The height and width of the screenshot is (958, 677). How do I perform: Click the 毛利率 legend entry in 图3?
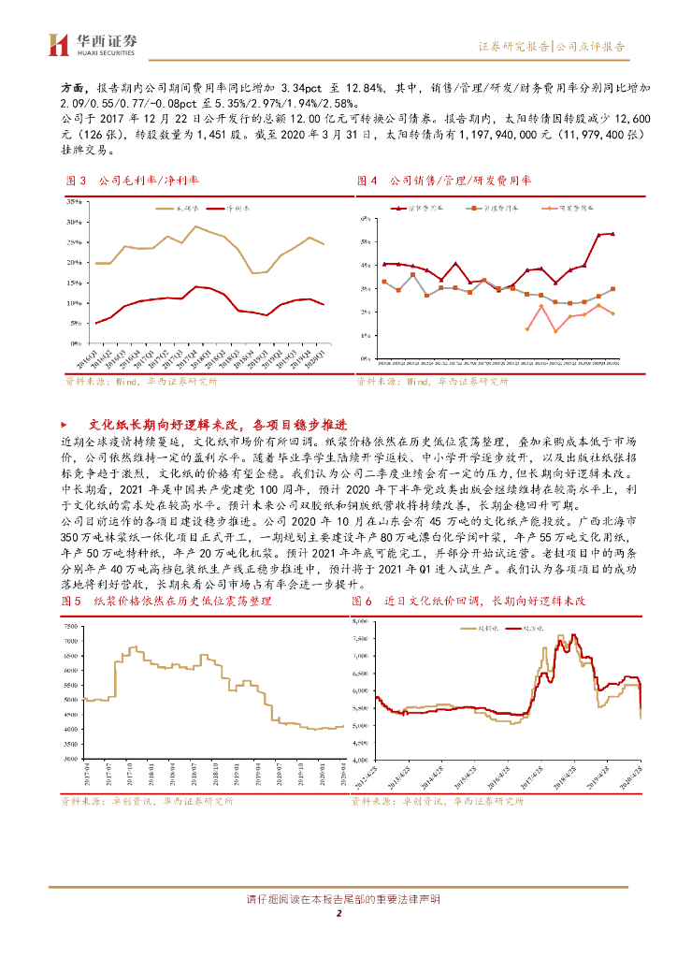[165, 209]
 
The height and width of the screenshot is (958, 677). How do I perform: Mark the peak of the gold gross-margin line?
[194, 226]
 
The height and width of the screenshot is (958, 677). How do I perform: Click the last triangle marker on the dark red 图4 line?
[612, 234]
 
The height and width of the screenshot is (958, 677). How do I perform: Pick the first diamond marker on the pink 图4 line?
[527, 328]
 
